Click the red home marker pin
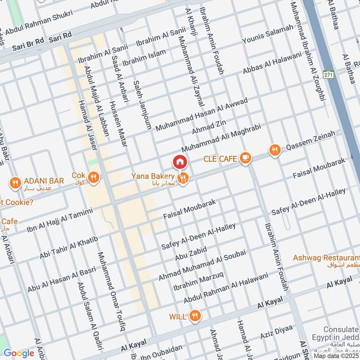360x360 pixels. [180, 161]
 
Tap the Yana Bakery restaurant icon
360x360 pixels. [183, 179]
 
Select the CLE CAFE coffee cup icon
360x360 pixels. [245, 158]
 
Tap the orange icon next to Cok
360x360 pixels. [93, 177]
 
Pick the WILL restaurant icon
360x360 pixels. [194, 316]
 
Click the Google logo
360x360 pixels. [19, 353]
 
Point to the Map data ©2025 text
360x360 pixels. [337, 355]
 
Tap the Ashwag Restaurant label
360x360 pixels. [326, 258]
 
